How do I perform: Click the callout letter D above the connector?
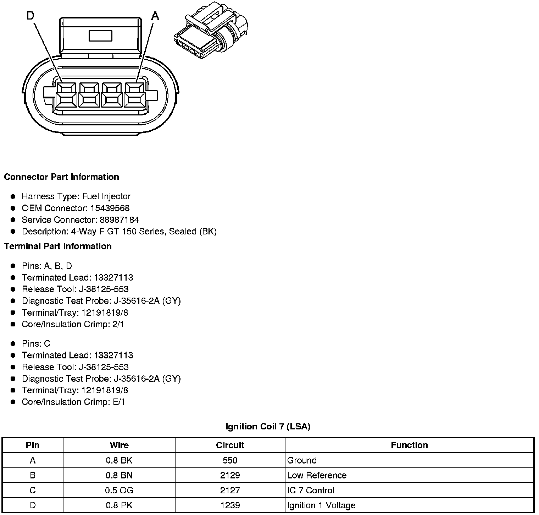pyautogui.click(x=30, y=16)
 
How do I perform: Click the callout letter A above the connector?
pyautogui.click(x=155, y=16)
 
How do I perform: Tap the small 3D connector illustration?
pyautogui.click(x=211, y=35)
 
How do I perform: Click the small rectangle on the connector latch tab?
pyautogui.click(x=100, y=36)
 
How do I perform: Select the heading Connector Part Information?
pyautogui.click(x=61, y=177)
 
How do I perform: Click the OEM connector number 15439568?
pyautogui.click(x=110, y=208)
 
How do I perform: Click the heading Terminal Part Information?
pyautogui.click(x=58, y=246)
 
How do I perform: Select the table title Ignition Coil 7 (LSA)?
pyautogui.click(x=268, y=427)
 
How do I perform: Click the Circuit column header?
pyautogui.click(x=230, y=445)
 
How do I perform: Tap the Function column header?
pyautogui.click(x=409, y=445)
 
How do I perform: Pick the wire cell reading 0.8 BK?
pyautogui.click(x=119, y=460)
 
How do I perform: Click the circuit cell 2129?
pyautogui.click(x=230, y=475)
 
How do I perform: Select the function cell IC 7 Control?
pyautogui.click(x=311, y=490)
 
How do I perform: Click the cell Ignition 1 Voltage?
pyautogui.click(x=321, y=505)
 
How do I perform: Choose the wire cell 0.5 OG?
pyautogui.click(x=119, y=490)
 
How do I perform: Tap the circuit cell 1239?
pyautogui.click(x=230, y=505)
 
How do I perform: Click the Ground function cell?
pyautogui.click(x=302, y=460)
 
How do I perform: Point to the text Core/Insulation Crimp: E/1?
pyautogui.click(x=73, y=402)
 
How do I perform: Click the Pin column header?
pyautogui.click(x=33, y=445)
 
